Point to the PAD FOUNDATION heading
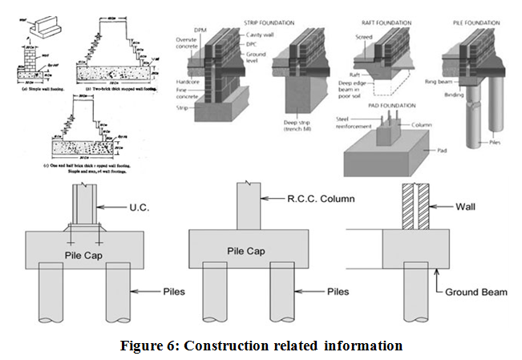pyautogui.click(x=386, y=104)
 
